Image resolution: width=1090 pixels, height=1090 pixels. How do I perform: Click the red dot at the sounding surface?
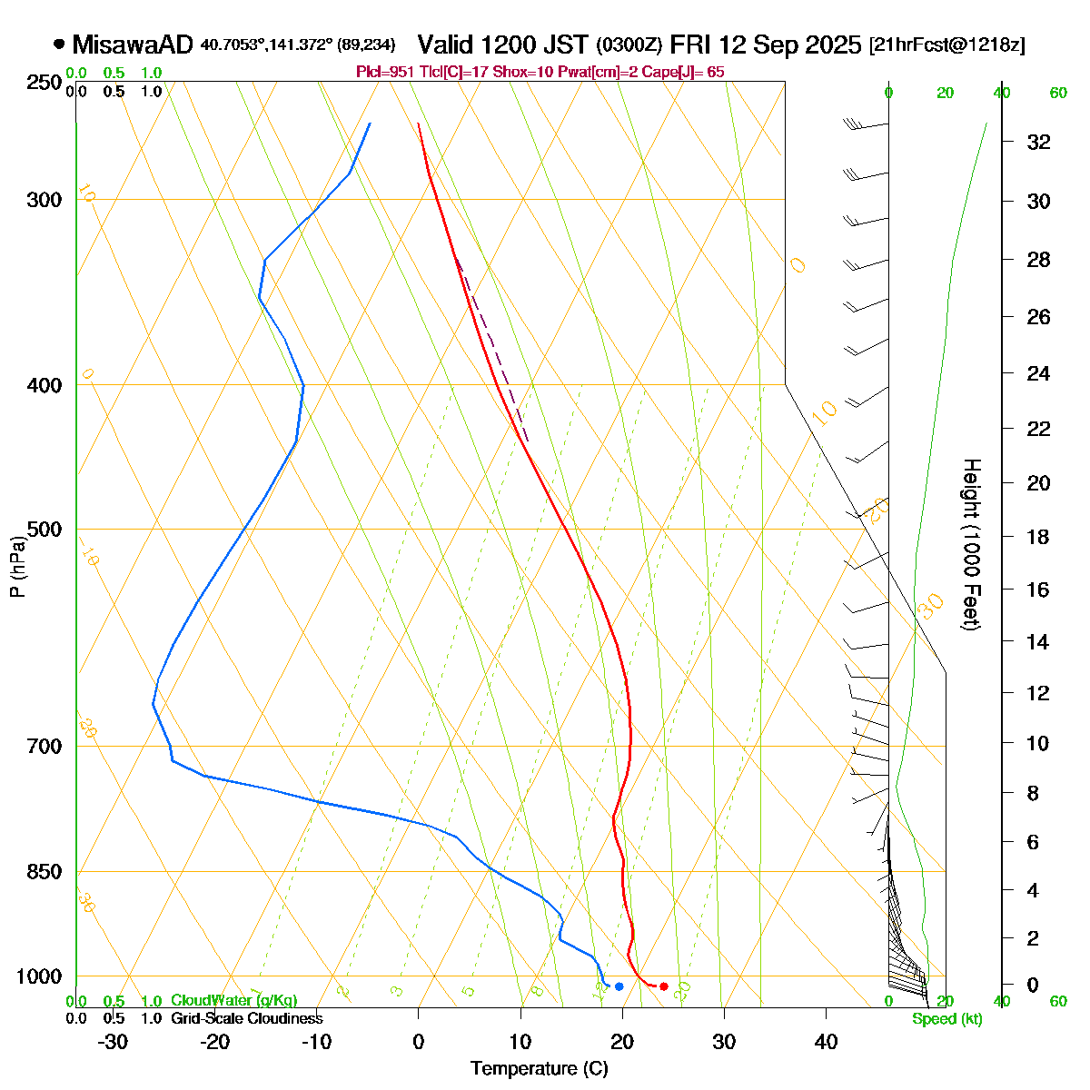(664, 986)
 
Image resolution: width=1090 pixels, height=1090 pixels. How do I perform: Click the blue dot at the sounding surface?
(619, 986)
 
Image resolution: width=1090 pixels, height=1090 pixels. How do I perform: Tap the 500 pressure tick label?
(45, 529)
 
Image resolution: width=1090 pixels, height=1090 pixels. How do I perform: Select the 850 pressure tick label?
(45, 872)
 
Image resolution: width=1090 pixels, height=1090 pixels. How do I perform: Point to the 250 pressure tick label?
(45, 83)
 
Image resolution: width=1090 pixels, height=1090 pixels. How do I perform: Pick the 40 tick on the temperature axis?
(826, 1041)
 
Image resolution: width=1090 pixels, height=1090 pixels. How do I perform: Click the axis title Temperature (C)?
(539, 1069)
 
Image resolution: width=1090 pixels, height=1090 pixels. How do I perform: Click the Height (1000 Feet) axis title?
(971, 545)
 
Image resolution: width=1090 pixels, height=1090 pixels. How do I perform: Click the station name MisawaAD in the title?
(133, 44)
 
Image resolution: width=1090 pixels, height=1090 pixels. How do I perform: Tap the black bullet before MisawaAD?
(59, 43)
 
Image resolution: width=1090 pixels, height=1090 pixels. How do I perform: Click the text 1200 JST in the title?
(537, 44)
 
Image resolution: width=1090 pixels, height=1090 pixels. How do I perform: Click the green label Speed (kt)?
(947, 1019)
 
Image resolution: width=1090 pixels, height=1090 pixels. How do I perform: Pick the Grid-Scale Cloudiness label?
(246, 1018)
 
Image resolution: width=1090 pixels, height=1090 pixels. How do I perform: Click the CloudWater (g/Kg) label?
(233, 1000)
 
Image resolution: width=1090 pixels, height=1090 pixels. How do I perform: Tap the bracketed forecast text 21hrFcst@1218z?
(947, 45)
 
